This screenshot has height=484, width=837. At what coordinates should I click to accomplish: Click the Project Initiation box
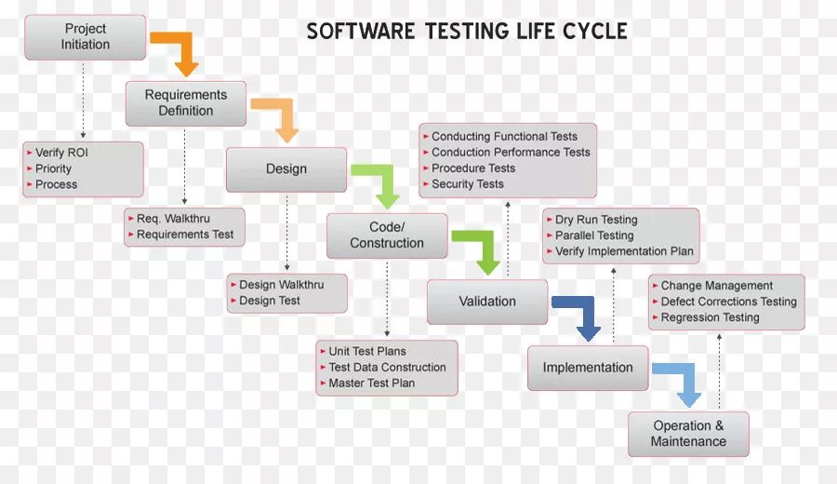pos(85,36)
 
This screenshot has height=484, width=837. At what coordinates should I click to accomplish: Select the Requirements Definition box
pos(186,102)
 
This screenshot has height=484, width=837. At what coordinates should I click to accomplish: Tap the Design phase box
pos(286,169)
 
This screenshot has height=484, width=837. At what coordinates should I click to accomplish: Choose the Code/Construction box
pos(387,235)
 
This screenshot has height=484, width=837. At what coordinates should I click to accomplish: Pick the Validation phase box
pos(487,302)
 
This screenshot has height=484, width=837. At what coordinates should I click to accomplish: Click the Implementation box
pos(588,368)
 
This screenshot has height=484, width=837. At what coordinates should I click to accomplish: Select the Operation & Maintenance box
pos(688,434)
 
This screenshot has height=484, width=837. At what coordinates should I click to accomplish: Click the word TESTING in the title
pos(466,31)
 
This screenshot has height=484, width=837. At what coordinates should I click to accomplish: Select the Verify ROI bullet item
pos(61,153)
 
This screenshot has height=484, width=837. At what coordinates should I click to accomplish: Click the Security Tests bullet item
pos(467,184)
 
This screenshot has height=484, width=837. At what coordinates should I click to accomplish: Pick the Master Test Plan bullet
pos(371,383)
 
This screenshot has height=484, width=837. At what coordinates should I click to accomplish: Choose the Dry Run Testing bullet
pos(596,220)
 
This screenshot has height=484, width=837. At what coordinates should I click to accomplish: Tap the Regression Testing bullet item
pos(710,317)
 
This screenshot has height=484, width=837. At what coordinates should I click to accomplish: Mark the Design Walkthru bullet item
pos(280,285)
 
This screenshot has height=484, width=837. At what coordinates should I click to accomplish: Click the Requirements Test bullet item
pos(185,235)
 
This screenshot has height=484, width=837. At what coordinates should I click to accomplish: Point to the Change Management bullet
pos(716,286)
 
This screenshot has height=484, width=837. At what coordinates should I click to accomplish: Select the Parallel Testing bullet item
pos(594,235)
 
